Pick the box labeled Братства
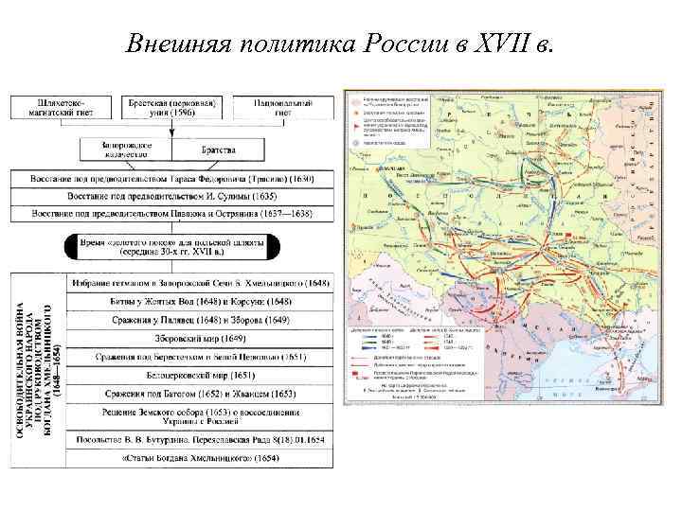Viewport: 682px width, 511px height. point(218,150)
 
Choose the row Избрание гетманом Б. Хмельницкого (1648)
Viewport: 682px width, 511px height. point(199,283)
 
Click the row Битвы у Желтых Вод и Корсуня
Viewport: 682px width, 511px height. point(199,301)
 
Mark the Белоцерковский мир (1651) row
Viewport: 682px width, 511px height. point(199,374)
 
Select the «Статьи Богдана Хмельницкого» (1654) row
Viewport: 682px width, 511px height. point(199,457)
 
